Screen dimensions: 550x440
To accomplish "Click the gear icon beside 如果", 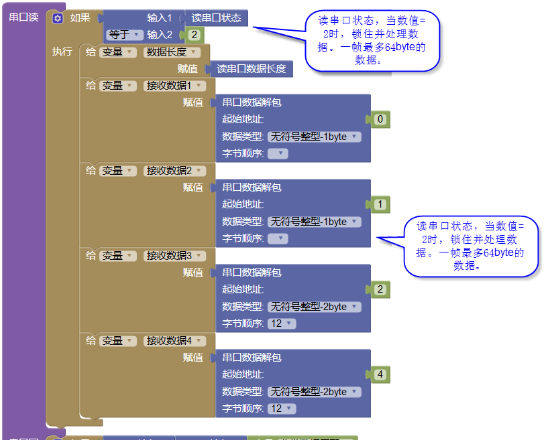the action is click(x=58, y=18).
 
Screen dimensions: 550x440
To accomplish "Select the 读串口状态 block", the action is click(x=216, y=18).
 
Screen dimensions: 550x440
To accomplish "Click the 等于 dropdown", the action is click(x=125, y=35).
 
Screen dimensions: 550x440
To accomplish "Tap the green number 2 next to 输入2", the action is click(x=195, y=35).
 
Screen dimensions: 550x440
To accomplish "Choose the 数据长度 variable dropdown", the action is click(x=172, y=52).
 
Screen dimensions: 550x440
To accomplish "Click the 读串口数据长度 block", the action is click(x=251, y=69).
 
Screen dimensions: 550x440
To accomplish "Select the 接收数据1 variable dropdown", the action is click(x=174, y=86).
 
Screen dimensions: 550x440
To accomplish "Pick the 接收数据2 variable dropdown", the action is click(x=174, y=171).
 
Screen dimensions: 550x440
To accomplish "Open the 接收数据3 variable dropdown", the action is click(x=174, y=256).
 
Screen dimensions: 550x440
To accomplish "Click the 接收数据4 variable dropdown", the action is click(x=174, y=341).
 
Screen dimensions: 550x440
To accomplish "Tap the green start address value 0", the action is click(x=380, y=119).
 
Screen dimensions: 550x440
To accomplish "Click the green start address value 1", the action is click(x=380, y=204).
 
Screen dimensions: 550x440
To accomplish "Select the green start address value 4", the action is click(x=380, y=374).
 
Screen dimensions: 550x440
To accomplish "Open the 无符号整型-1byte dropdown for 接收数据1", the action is click(x=315, y=137).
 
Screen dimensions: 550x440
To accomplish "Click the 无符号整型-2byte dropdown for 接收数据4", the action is click(x=315, y=392).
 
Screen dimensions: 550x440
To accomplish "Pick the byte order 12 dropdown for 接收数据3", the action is click(x=282, y=323).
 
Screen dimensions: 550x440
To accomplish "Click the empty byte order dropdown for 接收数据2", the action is click(x=278, y=239).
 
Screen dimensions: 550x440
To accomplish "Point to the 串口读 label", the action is click(x=23, y=17).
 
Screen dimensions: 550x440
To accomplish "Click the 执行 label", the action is click(x=62, y=51).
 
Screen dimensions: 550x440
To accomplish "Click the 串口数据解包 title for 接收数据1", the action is click(x=252, y=102).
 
